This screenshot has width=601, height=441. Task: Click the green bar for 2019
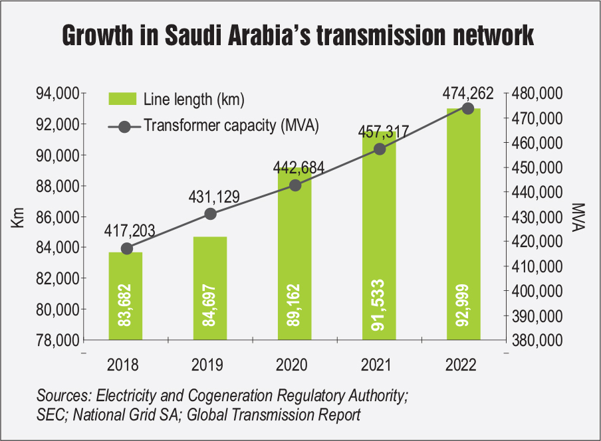point(210,289)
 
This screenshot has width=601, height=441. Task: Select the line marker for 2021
point(380,149)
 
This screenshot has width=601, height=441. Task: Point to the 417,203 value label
point(130,232)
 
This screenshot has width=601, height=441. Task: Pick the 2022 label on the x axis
point(463,365)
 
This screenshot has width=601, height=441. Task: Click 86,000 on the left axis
point(57,217)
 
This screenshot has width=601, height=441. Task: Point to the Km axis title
point(18,217)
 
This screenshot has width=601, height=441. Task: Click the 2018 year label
point(126,365)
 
